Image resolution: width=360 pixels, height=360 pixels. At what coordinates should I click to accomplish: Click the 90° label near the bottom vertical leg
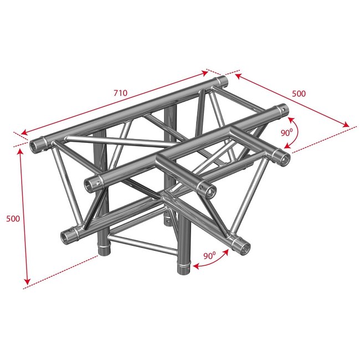coord(210,255)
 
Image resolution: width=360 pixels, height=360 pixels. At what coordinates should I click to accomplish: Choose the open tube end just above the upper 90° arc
coord(284,110)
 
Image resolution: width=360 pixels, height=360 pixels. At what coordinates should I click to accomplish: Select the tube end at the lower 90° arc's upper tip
coord(242,246)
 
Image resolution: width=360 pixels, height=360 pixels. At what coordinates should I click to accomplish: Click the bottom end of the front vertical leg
coord(183,269)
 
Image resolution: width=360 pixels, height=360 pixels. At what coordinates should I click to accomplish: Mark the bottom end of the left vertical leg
coord(103,252)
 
